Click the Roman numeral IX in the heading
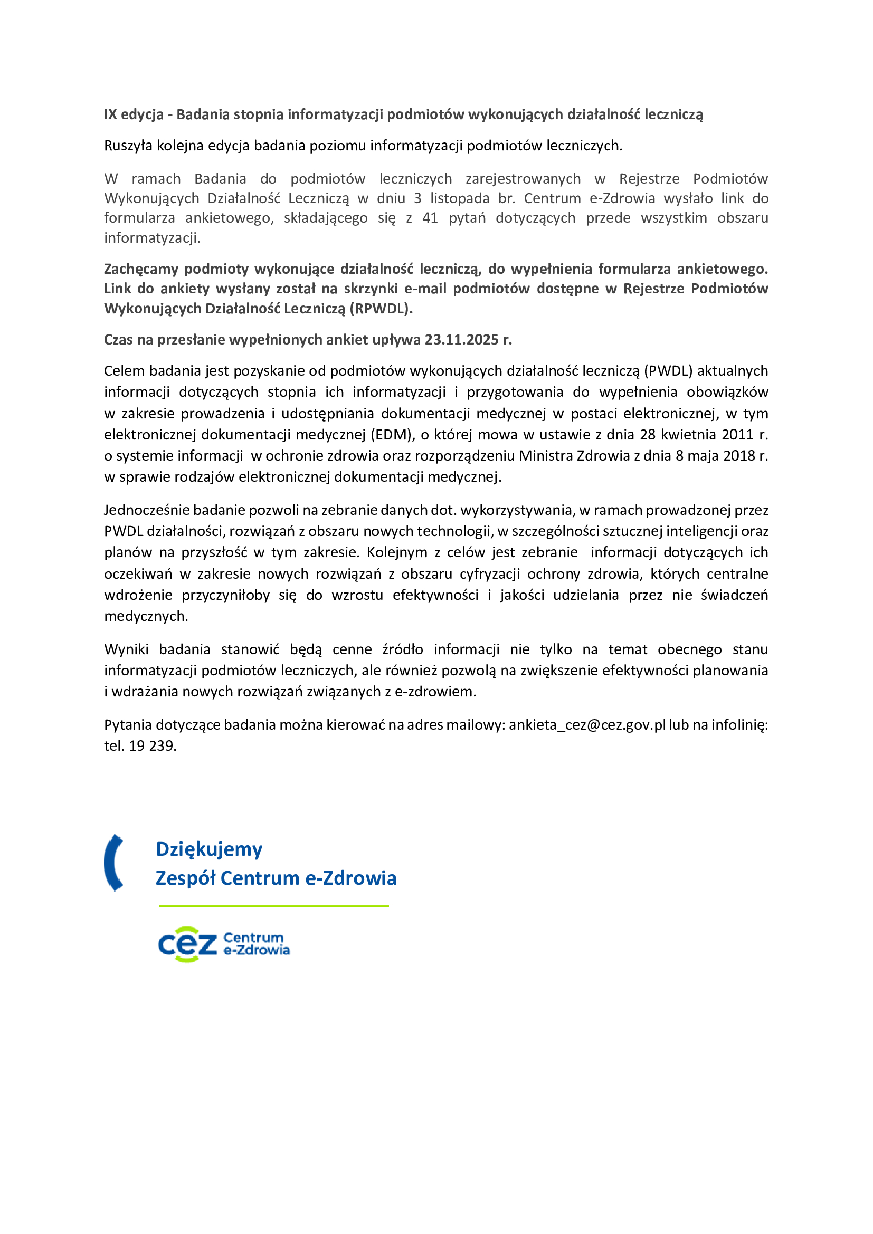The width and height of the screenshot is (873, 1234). click(110, 114)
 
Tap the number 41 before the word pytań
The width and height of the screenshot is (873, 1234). click(430, 218)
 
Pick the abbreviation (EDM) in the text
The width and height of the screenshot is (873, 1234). click(392, 434)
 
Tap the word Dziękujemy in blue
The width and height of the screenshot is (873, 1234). click(209, 849)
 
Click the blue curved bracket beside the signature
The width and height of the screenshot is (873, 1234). click(113, 863)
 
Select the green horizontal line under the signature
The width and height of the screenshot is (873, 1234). click(273, 906)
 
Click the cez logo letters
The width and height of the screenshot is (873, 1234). click(187, 944)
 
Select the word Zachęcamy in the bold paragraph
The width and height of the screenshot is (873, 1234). click(140, 269)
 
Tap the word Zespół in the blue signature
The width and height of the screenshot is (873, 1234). click(185, 878)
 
